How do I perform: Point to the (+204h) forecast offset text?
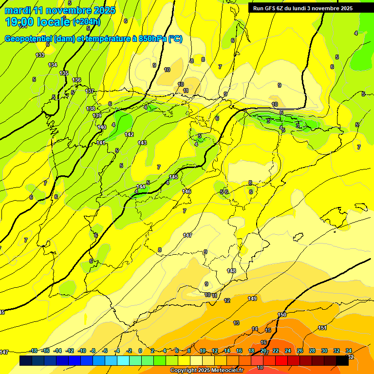[x=87, y=22]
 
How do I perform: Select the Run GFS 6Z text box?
[x=303, y=8]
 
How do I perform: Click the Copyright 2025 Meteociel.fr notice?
[x=206, y=371]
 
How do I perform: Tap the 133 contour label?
[x=40, y=55]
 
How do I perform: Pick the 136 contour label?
[x=76, y=80]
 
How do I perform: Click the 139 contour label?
[x=97, y=115]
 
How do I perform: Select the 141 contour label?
[x=100, y=143]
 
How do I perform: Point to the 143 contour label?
[x=142, y=143]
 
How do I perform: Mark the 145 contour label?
[x=173, y=177]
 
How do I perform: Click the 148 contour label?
[x=231, y=271]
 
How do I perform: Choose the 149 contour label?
[x=252, y=299]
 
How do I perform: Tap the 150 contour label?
[x=282, y=315]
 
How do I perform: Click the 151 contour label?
[x=322, y=328]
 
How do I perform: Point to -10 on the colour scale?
[x=82, y=351]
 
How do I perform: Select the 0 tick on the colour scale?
[x=140, y=351]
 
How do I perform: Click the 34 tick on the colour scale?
[x=349, y=351]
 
